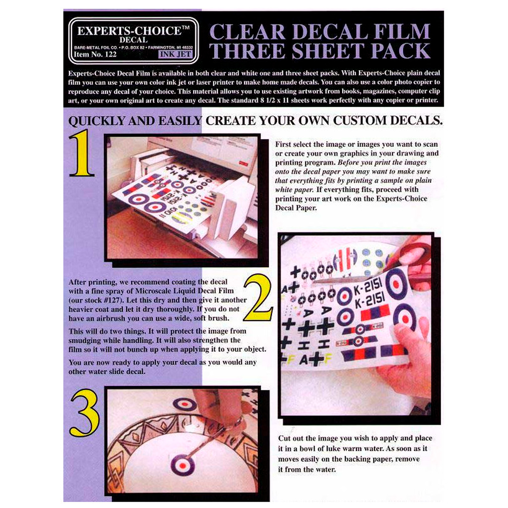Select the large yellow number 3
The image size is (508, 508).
pyautogui.click(x=85, y=412)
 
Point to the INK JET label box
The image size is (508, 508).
pyautogui.click(x=175, y=54)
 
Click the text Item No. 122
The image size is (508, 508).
pyautogui.click(x=95, y=54)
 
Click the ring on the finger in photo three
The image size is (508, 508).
pyautogui.click(x=238, y=422)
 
